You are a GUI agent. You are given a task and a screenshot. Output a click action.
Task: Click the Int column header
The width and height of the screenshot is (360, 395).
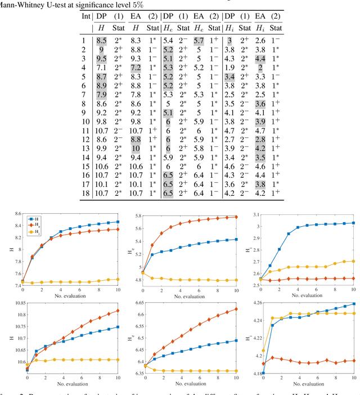coord(85,15)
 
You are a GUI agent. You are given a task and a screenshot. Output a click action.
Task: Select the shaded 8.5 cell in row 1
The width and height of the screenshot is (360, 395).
coord(101,41)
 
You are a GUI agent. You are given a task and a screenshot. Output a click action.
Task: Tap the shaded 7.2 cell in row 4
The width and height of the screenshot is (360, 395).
coord(136,68)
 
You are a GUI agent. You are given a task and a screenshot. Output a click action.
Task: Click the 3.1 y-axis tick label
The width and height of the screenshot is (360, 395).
coord(255,214)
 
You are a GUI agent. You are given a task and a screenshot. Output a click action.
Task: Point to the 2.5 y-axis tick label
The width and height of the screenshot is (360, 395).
coord(255,285)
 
